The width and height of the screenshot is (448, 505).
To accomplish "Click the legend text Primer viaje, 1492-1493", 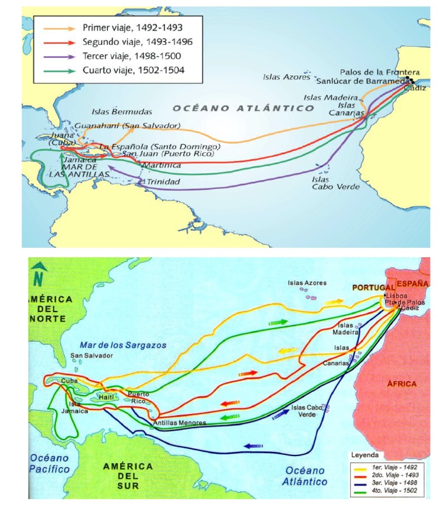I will [x=133, y=27].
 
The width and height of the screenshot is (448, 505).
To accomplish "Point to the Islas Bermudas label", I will [x=122, y=111].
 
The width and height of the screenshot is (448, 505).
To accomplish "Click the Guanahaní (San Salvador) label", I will [x=128, y=125].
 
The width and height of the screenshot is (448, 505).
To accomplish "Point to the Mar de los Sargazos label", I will [x=123, y=345].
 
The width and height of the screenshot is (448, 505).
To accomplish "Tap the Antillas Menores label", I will [x=179, y=422].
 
